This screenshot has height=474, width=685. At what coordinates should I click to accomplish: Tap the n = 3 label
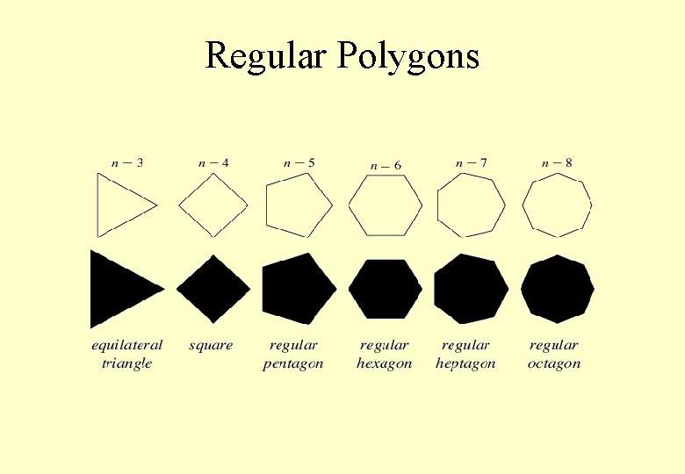click(x=127, y=162)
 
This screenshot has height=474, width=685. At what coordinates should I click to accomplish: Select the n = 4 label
click(x=213, y=162)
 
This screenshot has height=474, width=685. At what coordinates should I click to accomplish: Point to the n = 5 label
click(x=299, y=162)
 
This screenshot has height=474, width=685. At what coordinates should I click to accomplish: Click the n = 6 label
click(x=386, y=165)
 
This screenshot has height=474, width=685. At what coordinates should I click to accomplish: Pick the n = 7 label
click(x=472, y=162)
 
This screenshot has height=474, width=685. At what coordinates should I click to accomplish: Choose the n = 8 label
click(x=557, y=162)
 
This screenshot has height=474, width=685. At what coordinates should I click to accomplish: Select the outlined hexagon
click(x=386, y=205)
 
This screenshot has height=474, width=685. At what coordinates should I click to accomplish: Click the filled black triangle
click(x=119, y=288)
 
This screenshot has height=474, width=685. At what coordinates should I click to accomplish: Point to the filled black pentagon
click(x=298, y=288)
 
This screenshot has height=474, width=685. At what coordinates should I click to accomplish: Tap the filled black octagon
click(x=558, y=288)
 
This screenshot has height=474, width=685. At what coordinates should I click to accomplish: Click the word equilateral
click(x=127, y=345)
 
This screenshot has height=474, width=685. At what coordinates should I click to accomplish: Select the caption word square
click(x=211, y=346)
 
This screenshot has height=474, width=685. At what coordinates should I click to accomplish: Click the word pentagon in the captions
click(x=293, y=363)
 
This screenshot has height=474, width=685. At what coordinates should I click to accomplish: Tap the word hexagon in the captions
click(x=384, y=363)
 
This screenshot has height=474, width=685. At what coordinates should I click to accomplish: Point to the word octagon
click(x=554, y=363)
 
